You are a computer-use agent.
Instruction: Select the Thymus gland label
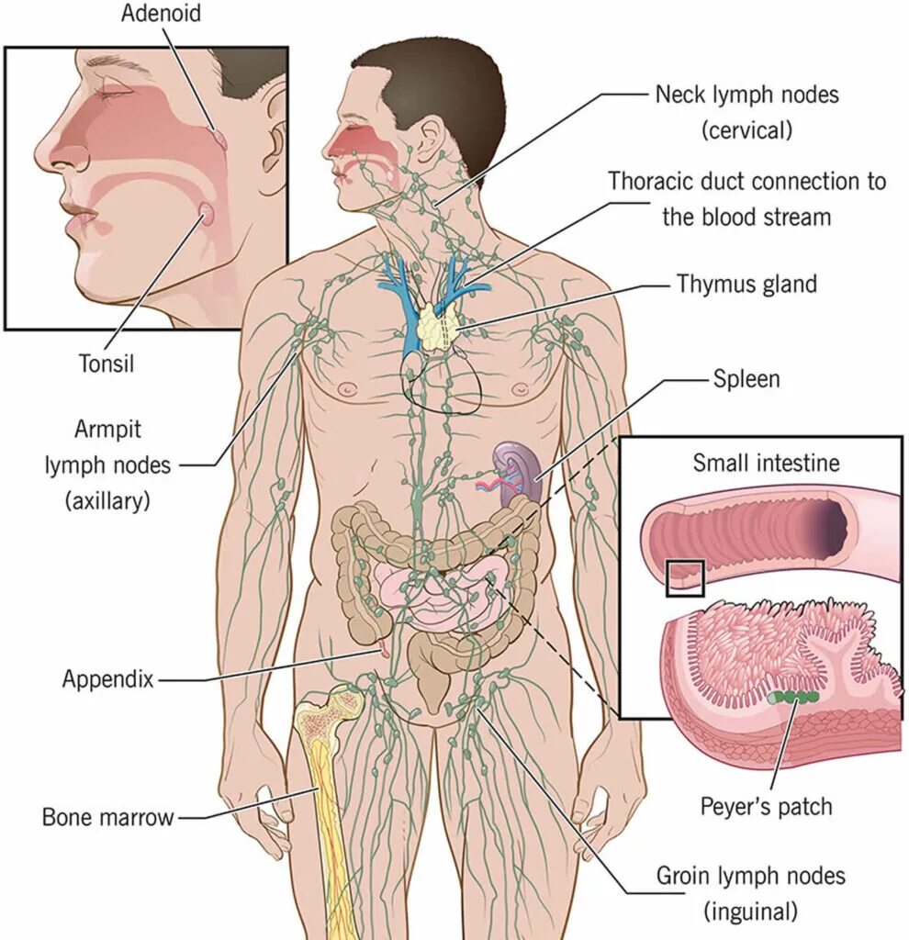coord(746,284)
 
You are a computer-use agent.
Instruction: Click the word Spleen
coord(746,377)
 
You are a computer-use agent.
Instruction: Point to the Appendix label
coord(107,679)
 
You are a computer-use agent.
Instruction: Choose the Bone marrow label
coord(107,816)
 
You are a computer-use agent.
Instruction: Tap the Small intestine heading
coord(766,463)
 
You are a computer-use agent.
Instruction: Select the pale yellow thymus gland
coord(439,326)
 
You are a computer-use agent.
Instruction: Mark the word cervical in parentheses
coord(746,130)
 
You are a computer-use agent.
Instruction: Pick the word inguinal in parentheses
coord(750,911)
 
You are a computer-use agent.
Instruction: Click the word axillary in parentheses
coord(108,500)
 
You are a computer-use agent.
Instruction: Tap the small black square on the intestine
coord(685,578)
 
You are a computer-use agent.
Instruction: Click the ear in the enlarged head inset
coord(272,138)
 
